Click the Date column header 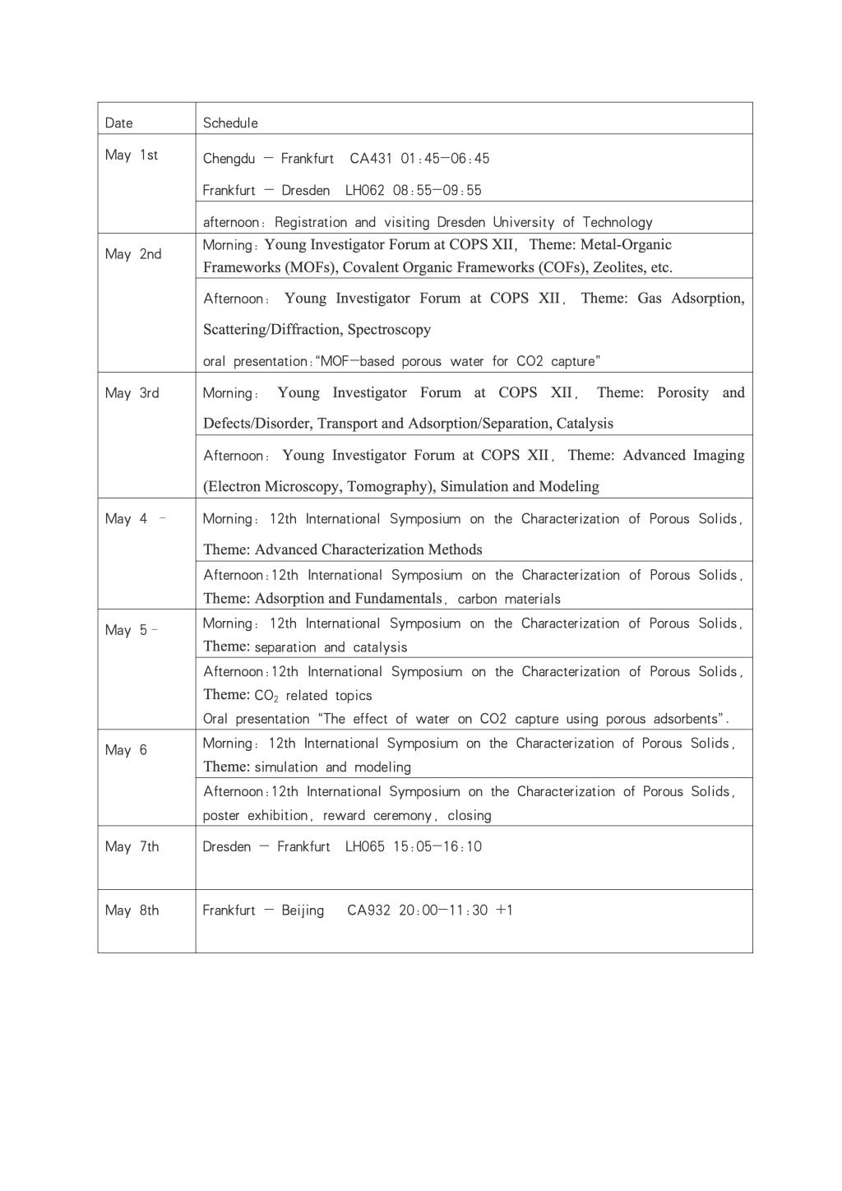click(119, 123)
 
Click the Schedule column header click(230, 123)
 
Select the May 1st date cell click(132, 155)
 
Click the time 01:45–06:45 click(445, 159)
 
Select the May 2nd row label click(133, 254)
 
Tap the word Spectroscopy click(389, 330)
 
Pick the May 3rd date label click(132, 393)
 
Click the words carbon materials click(509, 600)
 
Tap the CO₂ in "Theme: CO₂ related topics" click(266, 696)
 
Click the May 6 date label click(126, 750)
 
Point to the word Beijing click(303, 911)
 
